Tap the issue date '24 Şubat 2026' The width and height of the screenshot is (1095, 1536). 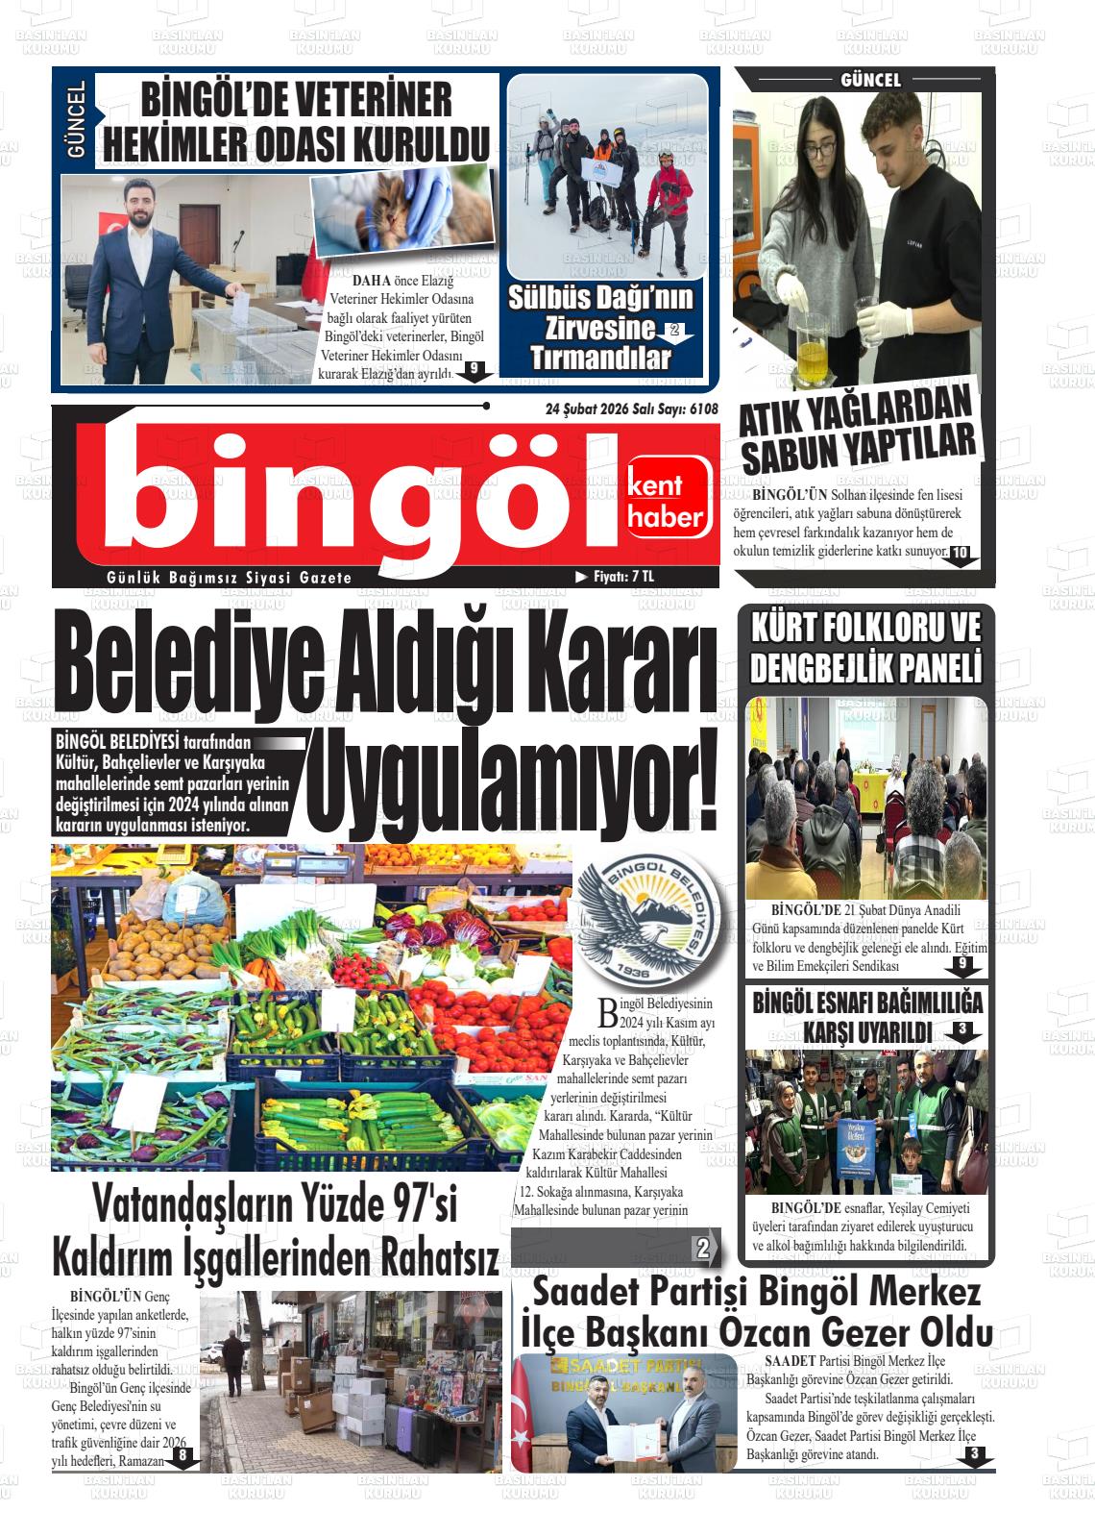(x=587, y=409)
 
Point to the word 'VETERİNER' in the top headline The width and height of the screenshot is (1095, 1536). (x=361, y=100)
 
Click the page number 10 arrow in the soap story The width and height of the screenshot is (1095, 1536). (x=961, y=554)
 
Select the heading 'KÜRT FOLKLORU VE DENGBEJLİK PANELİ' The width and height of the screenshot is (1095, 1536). (x=865, y=648)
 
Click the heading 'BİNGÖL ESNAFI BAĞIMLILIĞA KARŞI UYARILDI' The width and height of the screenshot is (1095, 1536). (x=866, y=1017)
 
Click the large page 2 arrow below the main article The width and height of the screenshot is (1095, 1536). (x=706, y=1249)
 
